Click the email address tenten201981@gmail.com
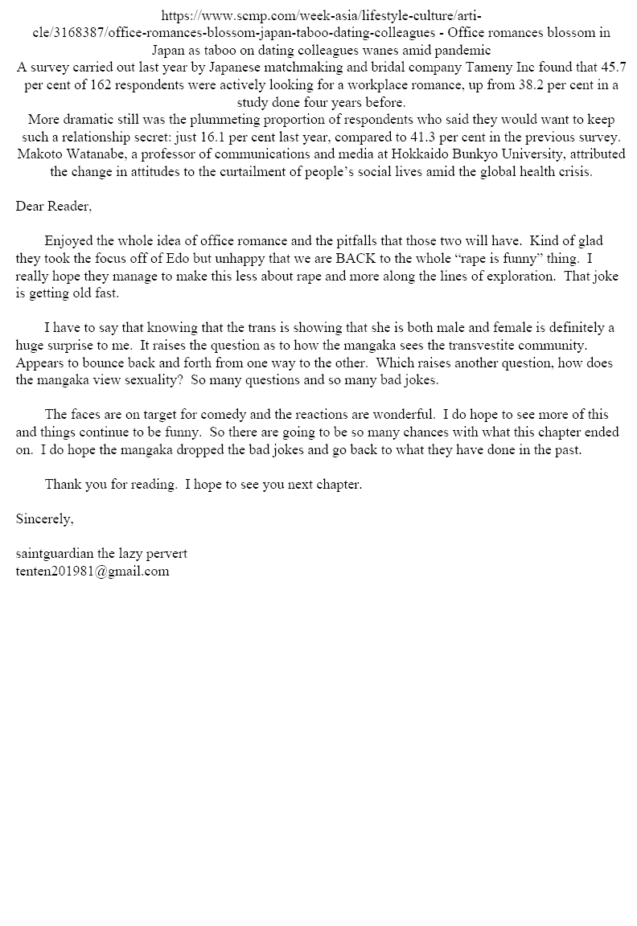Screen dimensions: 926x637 coord(92,572)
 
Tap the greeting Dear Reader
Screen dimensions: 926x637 coord(53,207)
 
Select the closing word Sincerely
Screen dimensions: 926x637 coord(44,519)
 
